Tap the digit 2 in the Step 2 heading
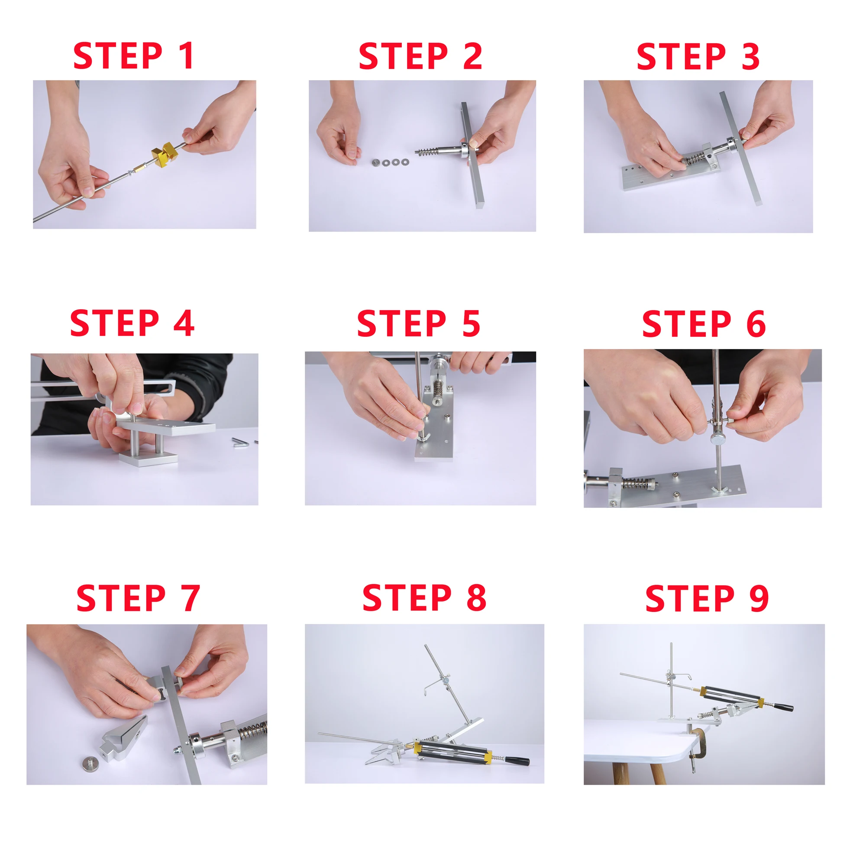pyautogui.click(x=472, y=56)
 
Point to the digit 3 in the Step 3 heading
pyautogui.click(x=750, y=56)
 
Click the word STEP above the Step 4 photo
pyautogui.click(x=115, y=323)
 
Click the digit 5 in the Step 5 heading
pyautogui.click(x=471, y=323)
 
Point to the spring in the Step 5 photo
pyautogui.click(x=438, y=386)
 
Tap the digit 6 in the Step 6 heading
pyautogui.click(x=756, y=323)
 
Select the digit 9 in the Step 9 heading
pyautogui.click(x=759, y=598)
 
